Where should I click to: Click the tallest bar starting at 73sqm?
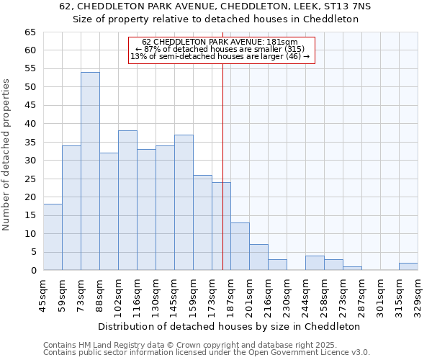[x=90, y=171]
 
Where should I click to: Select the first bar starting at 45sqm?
[x=53, y=237]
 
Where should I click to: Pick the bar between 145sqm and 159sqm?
[x=184, y=202]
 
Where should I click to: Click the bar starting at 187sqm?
[x=240, y=246]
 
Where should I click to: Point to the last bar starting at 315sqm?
[x=408, y=266]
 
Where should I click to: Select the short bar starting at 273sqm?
[x=352, y=268]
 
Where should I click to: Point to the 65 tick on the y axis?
[x=30, y=32]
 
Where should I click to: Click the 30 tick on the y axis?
[x=30, y=161]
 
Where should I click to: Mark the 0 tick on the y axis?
[x=32, y=271]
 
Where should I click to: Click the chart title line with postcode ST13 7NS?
[x=216, y=6]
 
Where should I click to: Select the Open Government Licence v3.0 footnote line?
[x=206, y=353]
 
